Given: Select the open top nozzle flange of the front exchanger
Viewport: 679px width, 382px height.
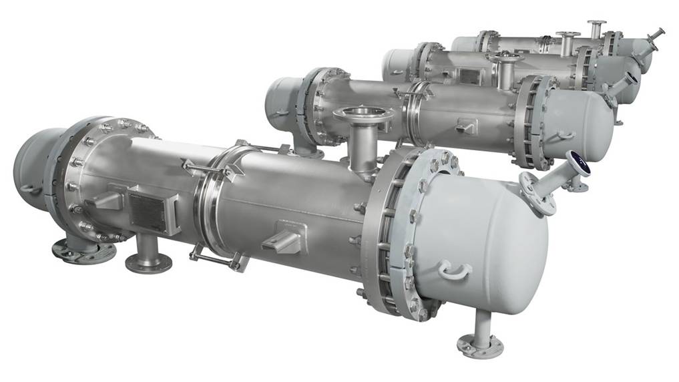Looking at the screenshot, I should pos(363,114).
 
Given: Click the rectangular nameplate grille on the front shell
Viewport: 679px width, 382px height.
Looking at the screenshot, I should pos(148,212).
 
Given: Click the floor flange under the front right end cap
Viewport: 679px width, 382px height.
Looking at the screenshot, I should pos(479,345).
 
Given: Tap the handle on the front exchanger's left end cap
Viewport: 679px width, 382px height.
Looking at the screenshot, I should pos(31,189).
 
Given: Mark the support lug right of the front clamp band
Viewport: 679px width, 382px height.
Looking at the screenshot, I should pos(284,237).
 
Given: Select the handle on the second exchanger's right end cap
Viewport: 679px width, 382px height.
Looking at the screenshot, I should pos(564,136).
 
